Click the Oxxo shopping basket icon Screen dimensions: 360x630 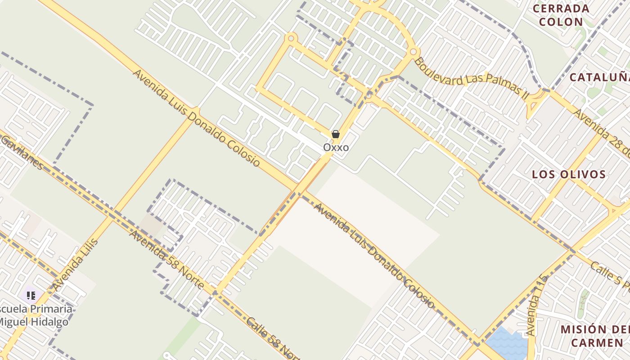coord(336,134)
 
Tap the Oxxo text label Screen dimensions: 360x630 coord(336,148)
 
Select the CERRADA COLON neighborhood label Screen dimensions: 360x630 coord(561,15)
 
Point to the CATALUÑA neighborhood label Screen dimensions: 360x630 coord(599,77)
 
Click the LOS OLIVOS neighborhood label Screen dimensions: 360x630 coord(569,175)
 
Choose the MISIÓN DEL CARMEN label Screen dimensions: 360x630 coord(594,336)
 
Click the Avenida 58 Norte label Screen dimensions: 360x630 coord(166,259)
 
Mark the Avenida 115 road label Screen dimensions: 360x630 coord(537,306)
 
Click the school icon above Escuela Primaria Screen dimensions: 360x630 coord(31,296)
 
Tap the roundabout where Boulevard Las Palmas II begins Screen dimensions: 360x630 coord(414,52)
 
